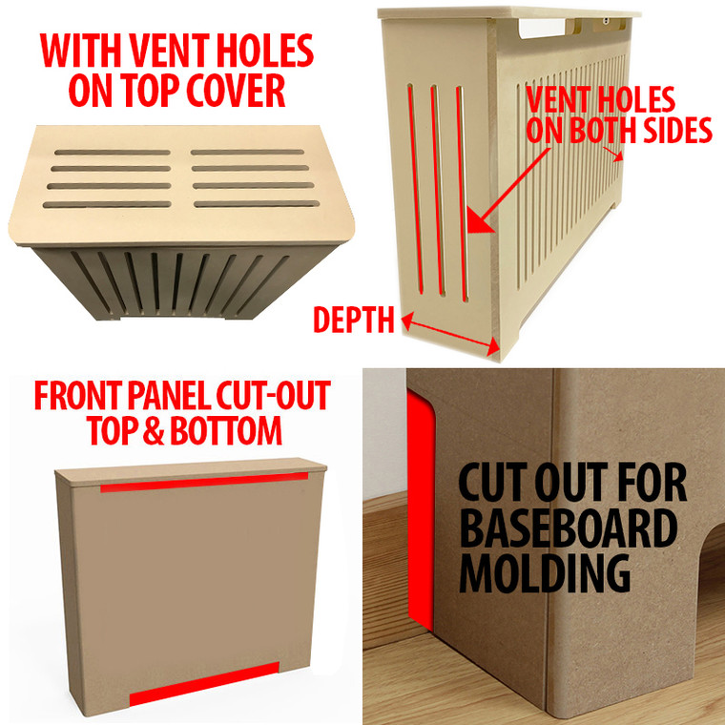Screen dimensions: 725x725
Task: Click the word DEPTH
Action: pos(353,321)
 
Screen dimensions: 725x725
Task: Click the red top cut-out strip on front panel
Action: pos(204,483)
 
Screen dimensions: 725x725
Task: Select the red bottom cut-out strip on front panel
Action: pos(203,684)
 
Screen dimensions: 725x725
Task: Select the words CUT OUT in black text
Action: pos(571,485)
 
